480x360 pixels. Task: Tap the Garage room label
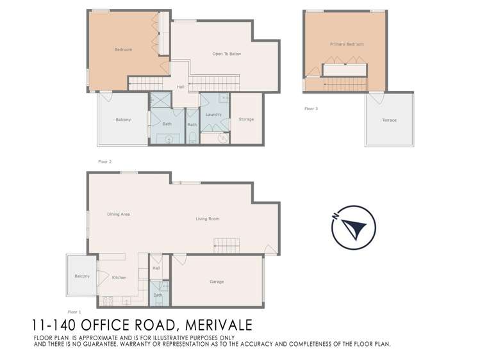point(217,282)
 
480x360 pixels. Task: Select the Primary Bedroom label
point(347,44)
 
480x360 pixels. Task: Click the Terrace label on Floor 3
point(389,120)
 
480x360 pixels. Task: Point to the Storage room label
point(246,119)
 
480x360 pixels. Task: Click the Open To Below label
point(226,54)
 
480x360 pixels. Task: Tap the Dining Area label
point(119,214)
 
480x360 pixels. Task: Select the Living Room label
point(208,219)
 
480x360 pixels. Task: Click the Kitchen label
point(119,277)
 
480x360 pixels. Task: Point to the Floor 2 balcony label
point(123,120)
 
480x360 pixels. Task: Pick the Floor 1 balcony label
point(82,276)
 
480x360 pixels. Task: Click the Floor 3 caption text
point(311,109)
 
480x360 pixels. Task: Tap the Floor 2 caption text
point(104,161)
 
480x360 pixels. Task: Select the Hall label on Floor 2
point(181,86)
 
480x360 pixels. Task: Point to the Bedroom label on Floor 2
point(123,49)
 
